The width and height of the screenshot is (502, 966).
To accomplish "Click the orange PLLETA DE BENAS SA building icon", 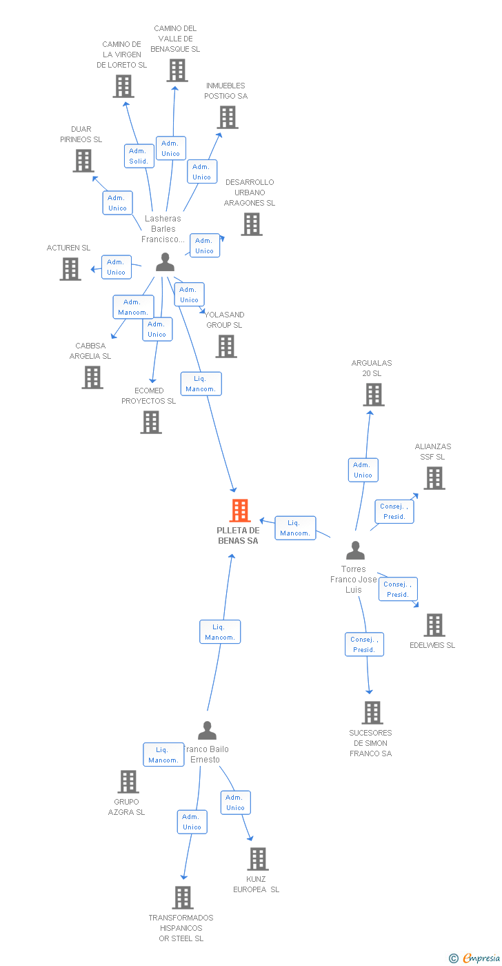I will [x=239, y=511].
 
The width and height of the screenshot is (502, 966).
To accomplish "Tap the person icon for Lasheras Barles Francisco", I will [x=165, y=262].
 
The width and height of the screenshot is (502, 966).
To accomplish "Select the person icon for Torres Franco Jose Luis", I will [x=355, y=551].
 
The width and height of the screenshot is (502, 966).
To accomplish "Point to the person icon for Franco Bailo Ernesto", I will [x=207, y=730].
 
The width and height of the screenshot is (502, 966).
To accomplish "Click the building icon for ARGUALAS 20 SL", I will [x=373, y=395].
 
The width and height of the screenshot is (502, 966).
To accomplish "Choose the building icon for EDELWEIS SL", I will [x=434, y=625].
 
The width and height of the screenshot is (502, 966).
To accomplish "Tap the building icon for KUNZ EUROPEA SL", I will [x=257, y=859].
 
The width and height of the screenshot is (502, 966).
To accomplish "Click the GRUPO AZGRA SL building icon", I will [x=128, y=782].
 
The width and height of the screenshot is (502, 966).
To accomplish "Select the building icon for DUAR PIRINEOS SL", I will [x=83, y=161].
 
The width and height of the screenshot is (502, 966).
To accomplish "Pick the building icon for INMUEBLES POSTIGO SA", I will [x=228, y=117].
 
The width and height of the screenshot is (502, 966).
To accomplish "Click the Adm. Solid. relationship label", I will [x=138, y=156].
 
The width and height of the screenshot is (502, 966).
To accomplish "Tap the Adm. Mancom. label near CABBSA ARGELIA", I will [x=132, y=307].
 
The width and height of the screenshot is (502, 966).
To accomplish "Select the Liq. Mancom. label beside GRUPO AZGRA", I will [x=163, y=755].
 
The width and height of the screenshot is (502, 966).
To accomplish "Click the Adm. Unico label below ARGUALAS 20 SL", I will [x=363, y=470].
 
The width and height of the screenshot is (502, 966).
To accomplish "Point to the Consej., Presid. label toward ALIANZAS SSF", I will [x=394, y=511].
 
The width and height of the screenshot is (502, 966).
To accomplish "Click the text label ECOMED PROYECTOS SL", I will [x=149, y=396].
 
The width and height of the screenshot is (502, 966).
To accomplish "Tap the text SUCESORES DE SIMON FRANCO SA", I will [x=371, y=743].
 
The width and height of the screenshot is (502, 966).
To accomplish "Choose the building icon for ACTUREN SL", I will [x=70, y=269].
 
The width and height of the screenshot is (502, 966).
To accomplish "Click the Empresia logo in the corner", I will [x=475, y=958].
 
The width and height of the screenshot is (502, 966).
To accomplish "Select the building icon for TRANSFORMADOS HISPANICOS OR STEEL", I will [x=183, y=898].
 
